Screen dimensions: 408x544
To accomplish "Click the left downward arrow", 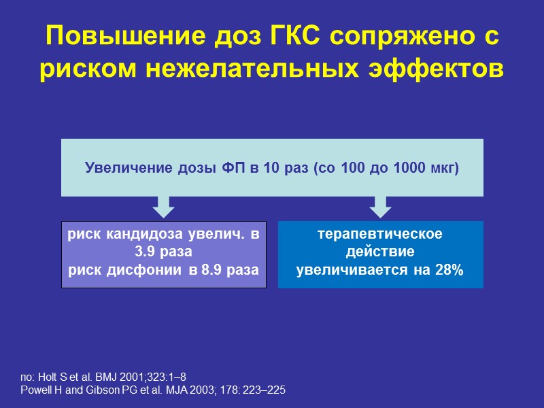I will pos(163,206).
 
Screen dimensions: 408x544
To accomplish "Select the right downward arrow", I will pos(381,206).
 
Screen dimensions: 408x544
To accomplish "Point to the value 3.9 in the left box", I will pos(147,252).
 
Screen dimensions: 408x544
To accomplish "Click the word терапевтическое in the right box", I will pos(380,235).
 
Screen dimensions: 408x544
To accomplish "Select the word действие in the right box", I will pos(380,252).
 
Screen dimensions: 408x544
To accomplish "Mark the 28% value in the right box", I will pos(447,270).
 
